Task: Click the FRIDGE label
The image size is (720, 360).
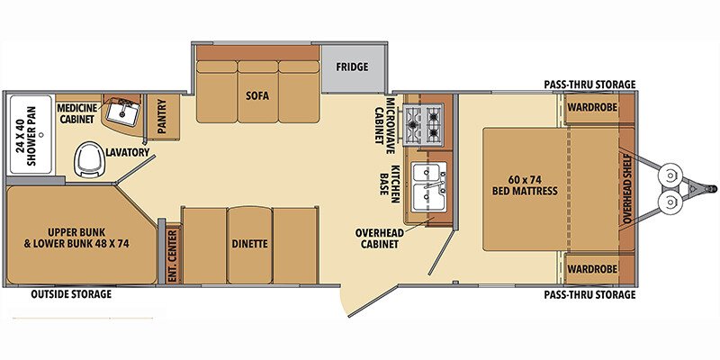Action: pyautogui.click(x=352, y=67)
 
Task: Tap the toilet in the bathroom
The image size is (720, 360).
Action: pyautogui.click(x=88, y=158)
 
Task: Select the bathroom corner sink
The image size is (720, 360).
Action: pyautogui.click(x=121, y=112)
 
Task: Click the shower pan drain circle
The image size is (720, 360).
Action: pyautogui.click(x=40, y=134)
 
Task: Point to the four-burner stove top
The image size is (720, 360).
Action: pyautogui.click(x=423, y=124)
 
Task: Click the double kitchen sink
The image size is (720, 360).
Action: pyautogui.click(x=429, y=187)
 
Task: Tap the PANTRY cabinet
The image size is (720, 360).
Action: pyautogui.click(x=163, y=117)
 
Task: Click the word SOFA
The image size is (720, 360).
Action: pyautogui.click(x=257, y=96)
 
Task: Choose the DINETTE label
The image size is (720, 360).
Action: pyautogui.click(x=250, y=244)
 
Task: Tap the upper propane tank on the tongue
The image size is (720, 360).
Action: pyautogui.click(x=669, y=175)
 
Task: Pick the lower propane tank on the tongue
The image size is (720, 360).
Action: pyautogui.click(x=669, y=201)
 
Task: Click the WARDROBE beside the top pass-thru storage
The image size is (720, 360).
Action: pyautogui.click(x=592, y=107)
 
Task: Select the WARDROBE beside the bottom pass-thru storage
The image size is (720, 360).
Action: pyautogui.click(x=592, y=268)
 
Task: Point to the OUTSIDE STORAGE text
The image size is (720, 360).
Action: pyautogui.click(x=71, y=294)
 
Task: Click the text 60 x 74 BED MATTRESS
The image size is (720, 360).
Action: pyautogui.click(x=525, y=185)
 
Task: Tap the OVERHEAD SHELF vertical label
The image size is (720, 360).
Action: pyautogui.click(x=627, y=189)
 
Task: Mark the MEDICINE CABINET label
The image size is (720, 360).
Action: pyautogui.click(x=77, y=113)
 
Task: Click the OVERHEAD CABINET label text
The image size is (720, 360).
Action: pyautogui.click(x=379, y=238)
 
